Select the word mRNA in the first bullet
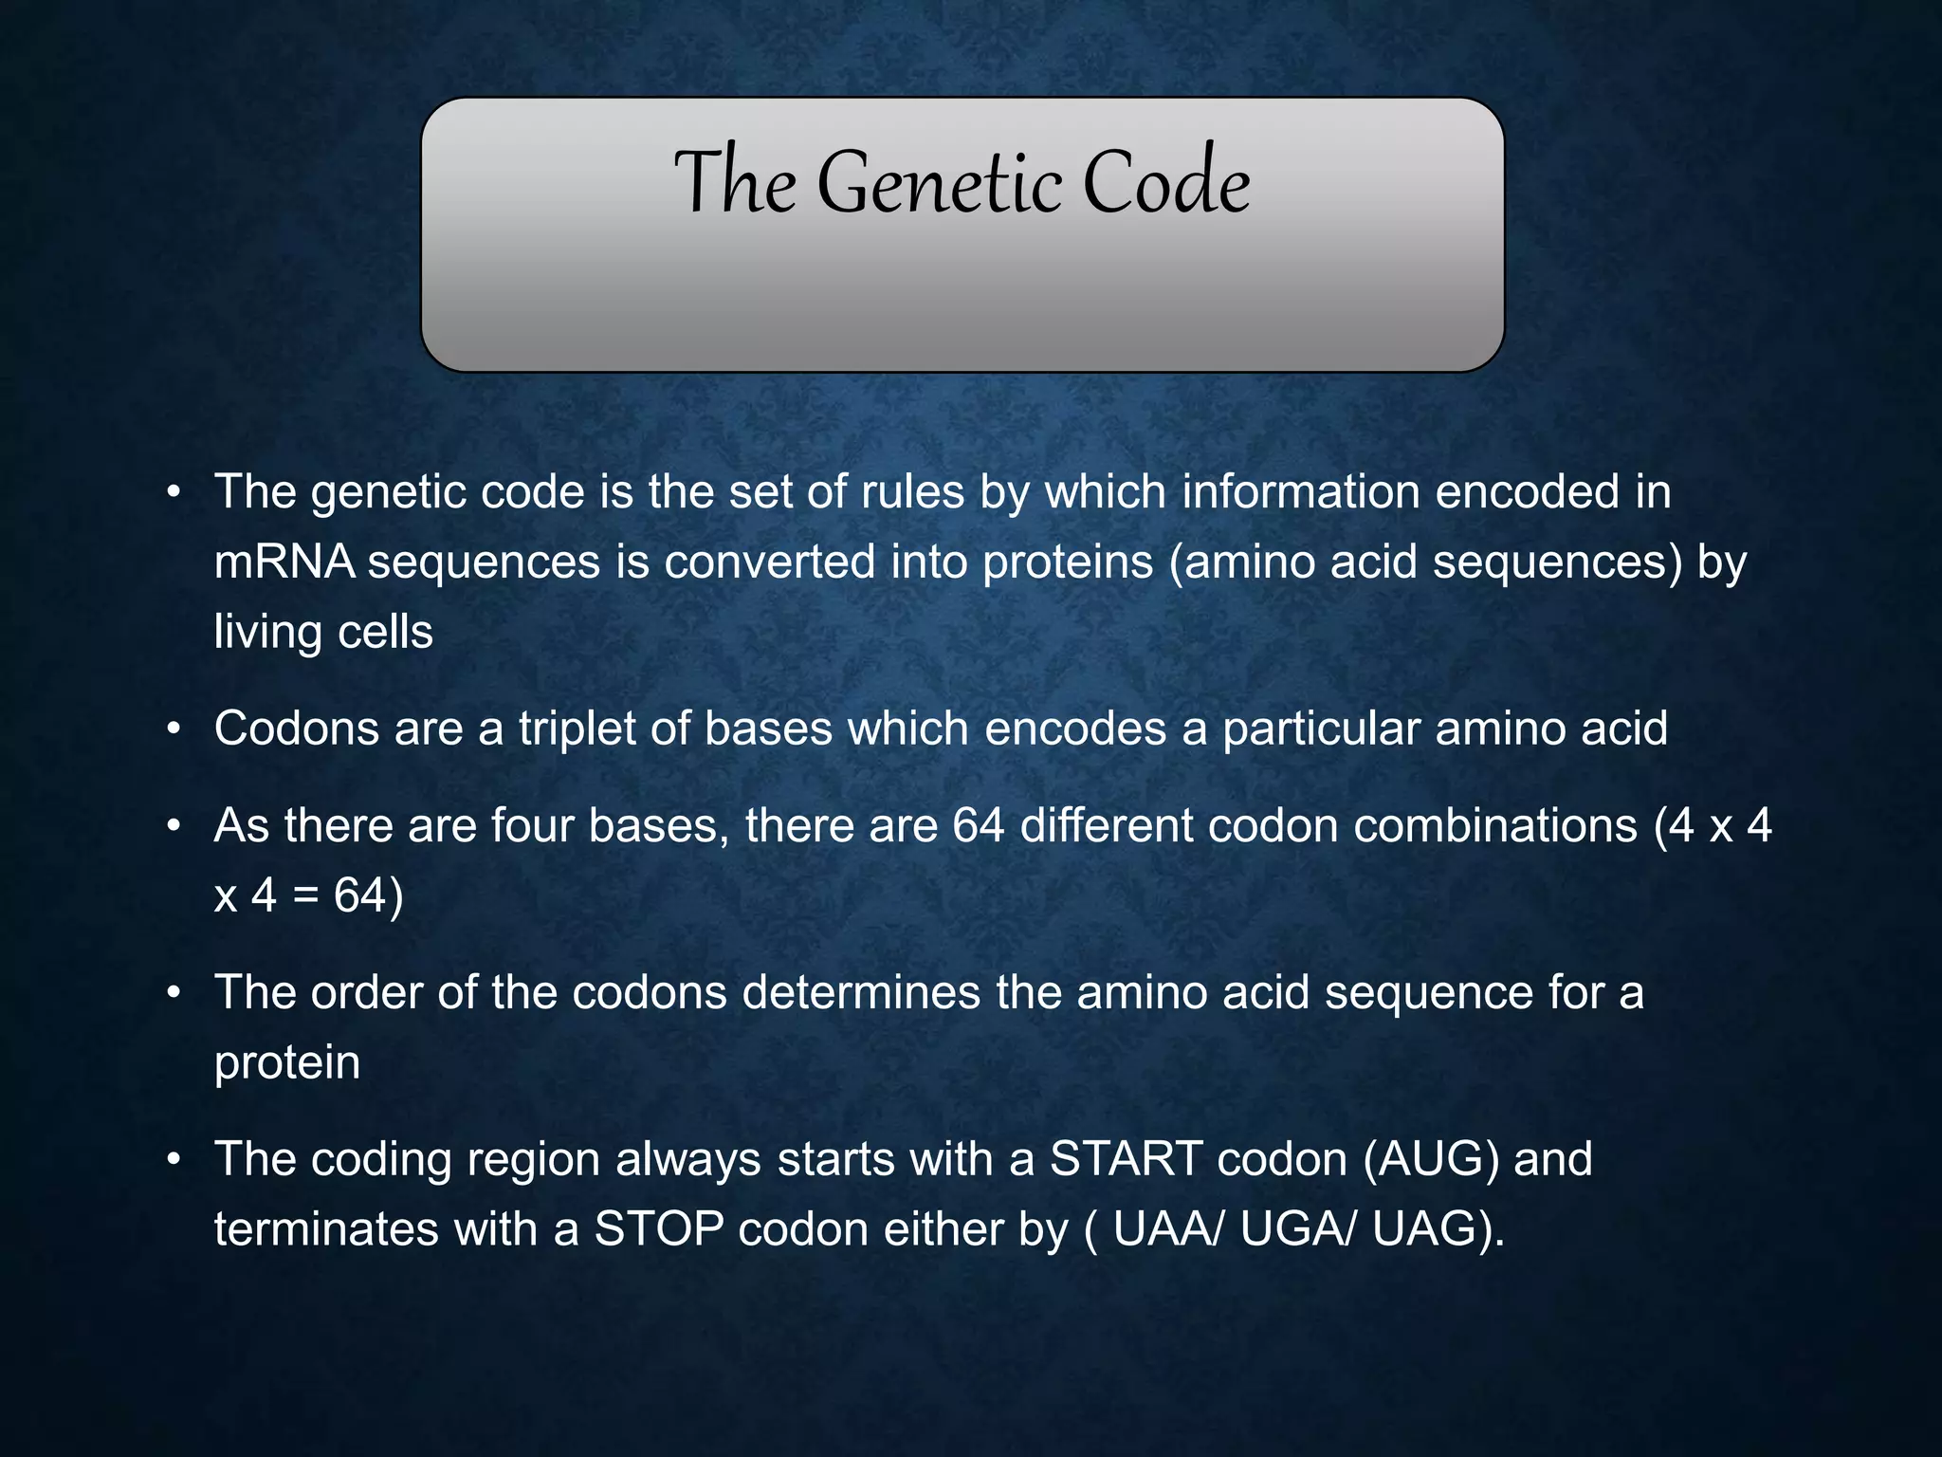pyautogui.click(x=284, y=562)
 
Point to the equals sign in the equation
pyautogui.click(x=305, y=895)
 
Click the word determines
pyautogui.click(x=861, y=992)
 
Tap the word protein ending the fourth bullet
pyautogui.click(x=287, y=1062)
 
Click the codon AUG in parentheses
pyautogui.click(x=1431, y=1159)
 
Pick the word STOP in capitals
pyautogui.click(x=659, y=1229)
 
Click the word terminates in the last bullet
pyautogui.click(x=326, y=1229)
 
